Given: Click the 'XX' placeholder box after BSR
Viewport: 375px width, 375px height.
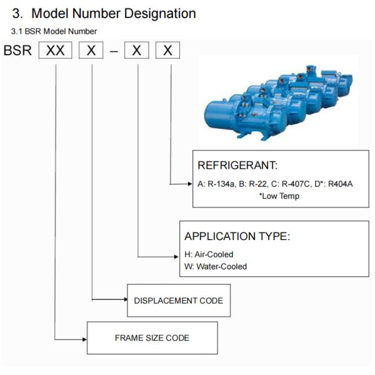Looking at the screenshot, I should pyautogui.click(x=56, y=51).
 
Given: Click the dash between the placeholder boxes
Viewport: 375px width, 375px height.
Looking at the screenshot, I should pyautogui.click(x=114, y=51).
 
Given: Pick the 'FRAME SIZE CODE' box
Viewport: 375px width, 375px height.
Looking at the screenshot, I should pyautogui.click(x=152, y=338).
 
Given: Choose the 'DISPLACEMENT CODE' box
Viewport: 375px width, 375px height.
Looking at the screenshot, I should pyautogui.click(x=178, y=301).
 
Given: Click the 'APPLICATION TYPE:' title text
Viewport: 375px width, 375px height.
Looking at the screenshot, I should pyautogui.click(x=237, y=237).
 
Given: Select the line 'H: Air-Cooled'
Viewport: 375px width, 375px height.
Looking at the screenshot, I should pyautogui.click(x=209, y=255).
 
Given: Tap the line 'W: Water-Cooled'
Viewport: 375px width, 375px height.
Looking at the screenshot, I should pyautogui.click(x=216, y=266).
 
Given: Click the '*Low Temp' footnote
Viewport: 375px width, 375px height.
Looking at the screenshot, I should pyautogui.click(x=279, y=196).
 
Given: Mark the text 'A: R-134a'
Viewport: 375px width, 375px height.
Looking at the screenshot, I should pyautogui.click(x=216, y=184).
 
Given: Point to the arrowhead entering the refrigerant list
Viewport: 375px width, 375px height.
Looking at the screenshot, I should pyautogui.click(x=190, y=184).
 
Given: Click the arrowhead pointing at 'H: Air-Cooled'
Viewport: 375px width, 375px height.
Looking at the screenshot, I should pyautogui.click(x=176, y=256).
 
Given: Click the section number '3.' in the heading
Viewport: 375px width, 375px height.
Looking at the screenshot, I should pyautogui.click(x=18, y=13).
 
